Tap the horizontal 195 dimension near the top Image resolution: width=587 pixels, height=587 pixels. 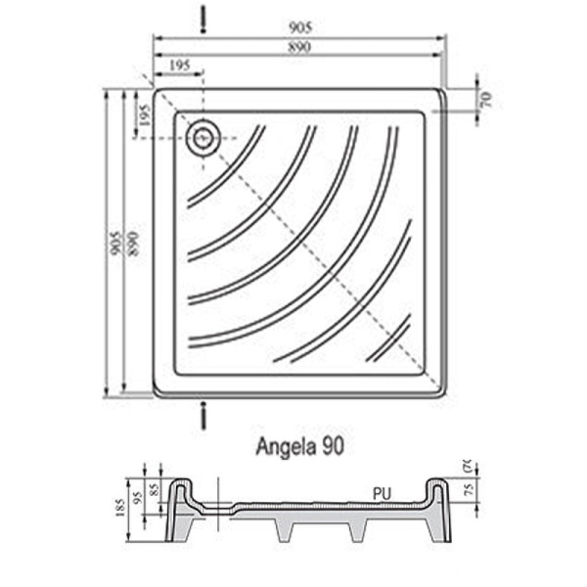[178, 65]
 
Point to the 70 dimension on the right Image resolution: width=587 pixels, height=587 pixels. [483, 98]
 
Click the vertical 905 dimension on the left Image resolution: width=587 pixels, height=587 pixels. [114, 243]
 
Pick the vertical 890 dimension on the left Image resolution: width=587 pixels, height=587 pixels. [129, 243]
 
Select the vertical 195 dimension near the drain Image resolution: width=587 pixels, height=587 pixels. [145, 113]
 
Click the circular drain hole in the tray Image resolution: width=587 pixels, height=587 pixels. [204, 138]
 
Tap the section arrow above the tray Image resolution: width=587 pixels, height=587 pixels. [203, 17]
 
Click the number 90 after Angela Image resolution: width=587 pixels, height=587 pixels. [332, 447]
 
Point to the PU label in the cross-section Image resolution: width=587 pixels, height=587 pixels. [382, 494]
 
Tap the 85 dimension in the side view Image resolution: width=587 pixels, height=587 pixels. [154, 486]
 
